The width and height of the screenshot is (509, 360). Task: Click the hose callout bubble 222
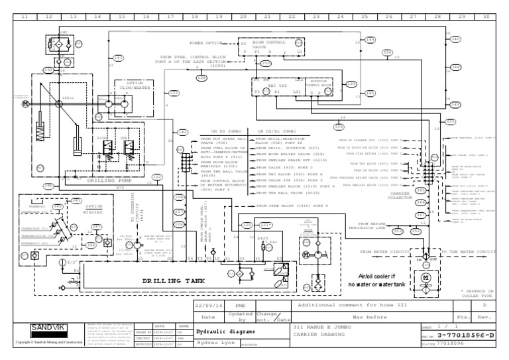[x=174, y=93]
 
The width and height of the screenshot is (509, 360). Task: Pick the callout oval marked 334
[x=388, y=52]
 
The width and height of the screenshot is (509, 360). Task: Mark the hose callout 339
[x=339, y=127]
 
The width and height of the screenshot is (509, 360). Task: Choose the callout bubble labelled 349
[x=456, y=105]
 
